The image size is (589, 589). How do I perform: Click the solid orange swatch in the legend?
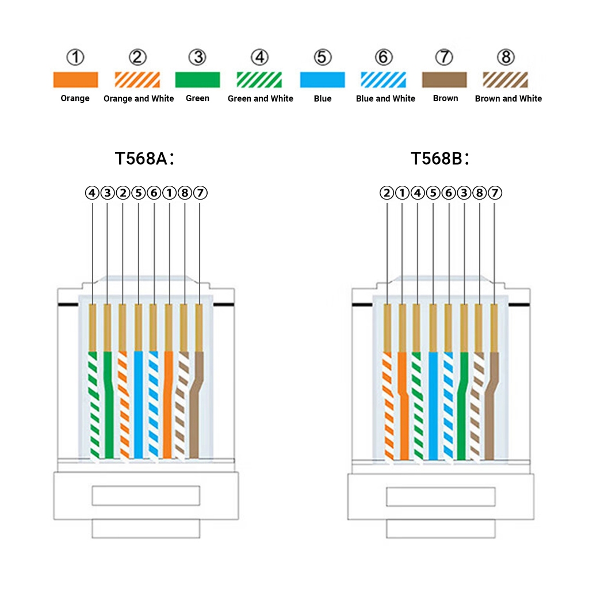point(75,79)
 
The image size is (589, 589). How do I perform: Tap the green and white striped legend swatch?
point(259,79)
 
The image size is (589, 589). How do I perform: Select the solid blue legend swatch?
point(322,79)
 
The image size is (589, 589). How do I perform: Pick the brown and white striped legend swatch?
point(505,79)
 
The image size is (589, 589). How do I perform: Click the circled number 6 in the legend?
point(384,57)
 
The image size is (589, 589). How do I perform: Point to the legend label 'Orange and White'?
point(139,98)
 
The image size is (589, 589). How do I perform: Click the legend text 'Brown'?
point(446,98)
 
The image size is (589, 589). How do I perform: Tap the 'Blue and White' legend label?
point(385,98)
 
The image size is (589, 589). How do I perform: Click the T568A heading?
point(144,158)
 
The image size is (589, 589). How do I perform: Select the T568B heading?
point(440,158)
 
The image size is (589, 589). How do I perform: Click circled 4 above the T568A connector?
point(92,193)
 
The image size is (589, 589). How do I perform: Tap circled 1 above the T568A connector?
point(170,193)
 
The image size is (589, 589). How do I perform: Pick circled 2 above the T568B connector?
point(387,193)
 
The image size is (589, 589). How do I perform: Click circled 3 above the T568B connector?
point(464,193)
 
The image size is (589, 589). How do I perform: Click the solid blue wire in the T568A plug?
point(139,405)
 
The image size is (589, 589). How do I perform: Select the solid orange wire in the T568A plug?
point(168,405)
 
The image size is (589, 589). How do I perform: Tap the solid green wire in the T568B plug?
point(462,406)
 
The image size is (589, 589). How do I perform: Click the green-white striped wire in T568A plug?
point(93,405)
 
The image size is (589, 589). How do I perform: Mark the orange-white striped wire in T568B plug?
point(388,406)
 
